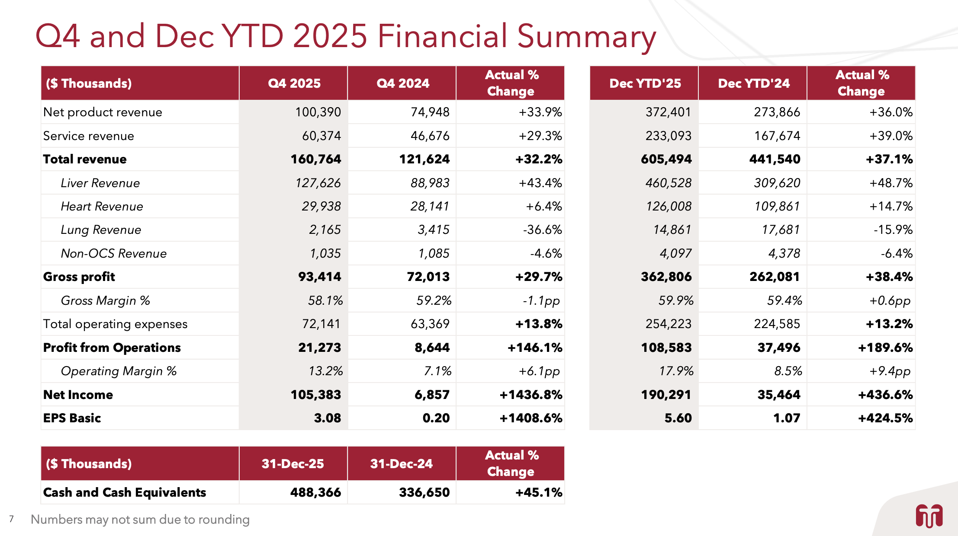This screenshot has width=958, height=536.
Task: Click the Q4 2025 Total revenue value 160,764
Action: click(315, 159)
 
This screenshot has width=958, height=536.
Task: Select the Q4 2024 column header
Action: click(402, 83)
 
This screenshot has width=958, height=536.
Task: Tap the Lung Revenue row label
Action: click(101, 230)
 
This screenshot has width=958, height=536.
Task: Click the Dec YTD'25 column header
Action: click(645, 83)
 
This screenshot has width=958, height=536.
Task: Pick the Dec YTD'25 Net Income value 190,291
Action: click(666, 395)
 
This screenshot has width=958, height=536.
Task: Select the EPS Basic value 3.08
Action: click(327, 418)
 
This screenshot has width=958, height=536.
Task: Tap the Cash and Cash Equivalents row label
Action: click(125, 492)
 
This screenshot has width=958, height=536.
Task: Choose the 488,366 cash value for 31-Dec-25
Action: click(315, 492)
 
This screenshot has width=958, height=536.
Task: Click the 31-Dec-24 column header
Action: click(401, 464)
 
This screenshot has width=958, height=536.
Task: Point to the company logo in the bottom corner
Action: click(929, 516)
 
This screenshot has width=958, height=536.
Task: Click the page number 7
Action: click(11, 519)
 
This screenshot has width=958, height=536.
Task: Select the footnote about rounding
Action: click(140, 519)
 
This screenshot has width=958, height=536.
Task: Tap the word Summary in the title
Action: click(586, 36)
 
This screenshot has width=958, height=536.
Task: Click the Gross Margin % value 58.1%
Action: click(325, 300)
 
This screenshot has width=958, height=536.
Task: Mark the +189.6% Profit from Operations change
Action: click(885, 348)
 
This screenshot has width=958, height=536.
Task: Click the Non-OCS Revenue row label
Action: click(114, 253)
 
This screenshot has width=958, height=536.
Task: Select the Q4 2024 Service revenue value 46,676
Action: click(430, 136)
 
